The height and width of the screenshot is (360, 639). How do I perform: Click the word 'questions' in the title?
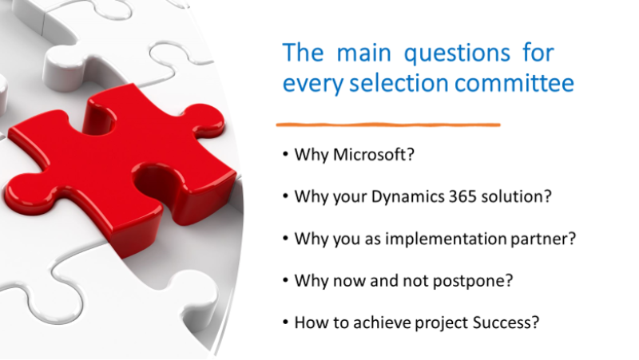(x=457, y=54)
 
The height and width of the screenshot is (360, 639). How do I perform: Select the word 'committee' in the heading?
(x=514, y=83)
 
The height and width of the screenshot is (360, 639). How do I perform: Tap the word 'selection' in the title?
(x=399, y=83)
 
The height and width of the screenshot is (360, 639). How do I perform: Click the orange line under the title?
(x=388, y=125)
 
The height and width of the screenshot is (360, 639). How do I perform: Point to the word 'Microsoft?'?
(x=374, y=155)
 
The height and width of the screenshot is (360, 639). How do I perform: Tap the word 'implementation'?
(x=446, y=239)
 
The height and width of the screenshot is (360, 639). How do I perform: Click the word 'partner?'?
(x=543, y=239)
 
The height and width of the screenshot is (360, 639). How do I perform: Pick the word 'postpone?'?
(x=473, y=281)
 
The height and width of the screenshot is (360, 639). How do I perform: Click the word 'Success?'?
(x=506, y=322)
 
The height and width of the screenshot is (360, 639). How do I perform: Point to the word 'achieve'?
(x=383, y=322)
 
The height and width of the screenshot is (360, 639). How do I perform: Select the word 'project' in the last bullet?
(x=442, y=323)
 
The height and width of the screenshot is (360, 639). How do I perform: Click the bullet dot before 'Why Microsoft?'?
(x=285, y=155)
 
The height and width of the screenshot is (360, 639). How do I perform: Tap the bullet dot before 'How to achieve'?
(x=285, y=322)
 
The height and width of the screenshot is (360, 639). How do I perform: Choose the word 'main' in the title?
(x=364, y=53)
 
